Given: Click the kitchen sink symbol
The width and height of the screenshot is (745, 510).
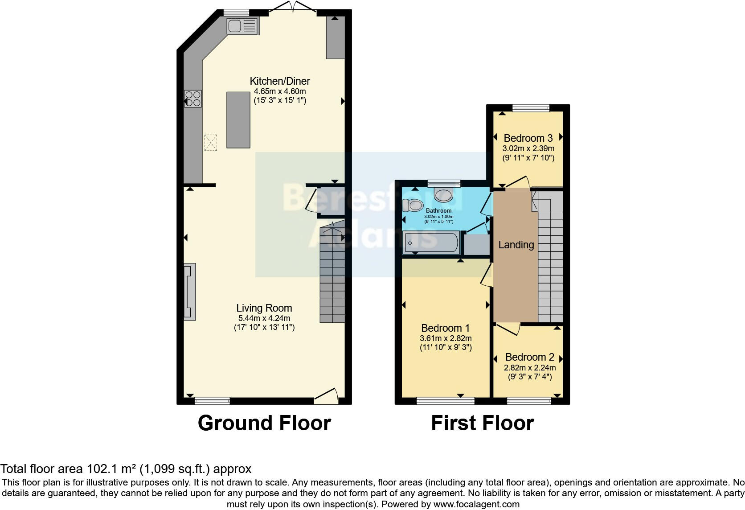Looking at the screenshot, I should click(243, 26).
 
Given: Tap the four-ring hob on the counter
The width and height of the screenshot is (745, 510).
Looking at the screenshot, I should click(193, 99).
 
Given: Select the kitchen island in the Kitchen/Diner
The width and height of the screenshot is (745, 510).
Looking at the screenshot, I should click(238, 120).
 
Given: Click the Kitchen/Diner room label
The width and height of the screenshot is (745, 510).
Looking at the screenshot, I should click(280, 81).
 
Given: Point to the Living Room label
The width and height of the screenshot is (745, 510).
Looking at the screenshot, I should click(264, 308).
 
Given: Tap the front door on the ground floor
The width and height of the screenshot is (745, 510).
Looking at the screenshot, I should click(326, 397).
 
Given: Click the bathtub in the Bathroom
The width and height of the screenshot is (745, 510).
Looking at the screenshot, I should click(430, 243).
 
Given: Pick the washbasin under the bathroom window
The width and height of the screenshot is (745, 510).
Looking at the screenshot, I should click(444, 194).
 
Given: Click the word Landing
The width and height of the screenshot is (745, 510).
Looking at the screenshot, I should click(516, 245).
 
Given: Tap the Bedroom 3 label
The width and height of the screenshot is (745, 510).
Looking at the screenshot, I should click(528, 138).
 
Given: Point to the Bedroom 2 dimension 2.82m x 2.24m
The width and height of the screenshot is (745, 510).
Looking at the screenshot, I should click(530, 368).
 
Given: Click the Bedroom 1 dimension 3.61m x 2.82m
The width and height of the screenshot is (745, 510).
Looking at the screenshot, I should click(446, 338).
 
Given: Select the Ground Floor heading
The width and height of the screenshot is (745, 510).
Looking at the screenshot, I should click(264, 423).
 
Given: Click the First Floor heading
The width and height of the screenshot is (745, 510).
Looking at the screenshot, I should click(482, 423).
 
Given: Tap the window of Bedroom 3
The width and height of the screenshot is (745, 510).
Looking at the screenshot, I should click(531, 107).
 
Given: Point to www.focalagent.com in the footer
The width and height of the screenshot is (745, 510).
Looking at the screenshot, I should click(476, 504).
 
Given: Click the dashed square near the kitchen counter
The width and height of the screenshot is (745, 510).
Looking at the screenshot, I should click(211, 143).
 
